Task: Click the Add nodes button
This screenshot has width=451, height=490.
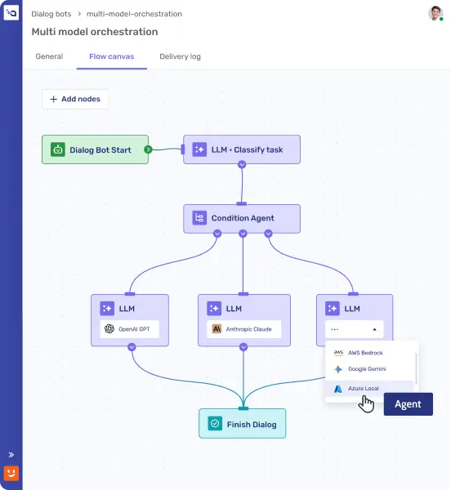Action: click(x=75, y=99)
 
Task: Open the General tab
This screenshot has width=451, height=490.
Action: click(x=49, y=56)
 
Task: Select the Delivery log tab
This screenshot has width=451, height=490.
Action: click(x=180, y=56)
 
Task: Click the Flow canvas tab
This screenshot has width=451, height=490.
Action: click(x=112, y=56)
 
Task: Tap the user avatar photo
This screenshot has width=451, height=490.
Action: click(x=435, y=13)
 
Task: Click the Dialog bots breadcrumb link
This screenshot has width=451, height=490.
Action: click(x=51, y=14)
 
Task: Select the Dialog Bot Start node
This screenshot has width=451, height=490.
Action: click(x=95, y=149)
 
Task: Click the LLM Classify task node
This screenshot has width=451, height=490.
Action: click(x=242, y=149)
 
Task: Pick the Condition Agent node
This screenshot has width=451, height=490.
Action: click(x=242, y=218)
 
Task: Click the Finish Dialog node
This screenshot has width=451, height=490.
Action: click(x=242, y=424)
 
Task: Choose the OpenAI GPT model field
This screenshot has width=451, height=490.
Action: click(x=129, y=329)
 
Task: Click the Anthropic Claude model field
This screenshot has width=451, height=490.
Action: click(x=243, y=329)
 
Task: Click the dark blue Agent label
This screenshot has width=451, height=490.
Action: click(x=409, y=404)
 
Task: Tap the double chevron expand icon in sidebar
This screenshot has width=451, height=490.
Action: click(x=11, y=455)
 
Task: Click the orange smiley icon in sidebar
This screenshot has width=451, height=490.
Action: click(x=11, y=473)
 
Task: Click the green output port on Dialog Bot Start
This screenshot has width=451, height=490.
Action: click(x=148, y=149)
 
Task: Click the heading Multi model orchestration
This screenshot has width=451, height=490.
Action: click(x=95, y=32)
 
